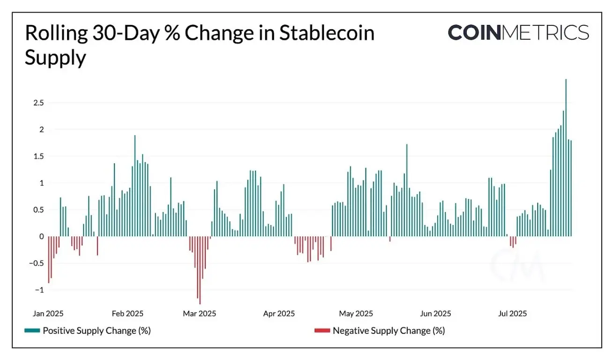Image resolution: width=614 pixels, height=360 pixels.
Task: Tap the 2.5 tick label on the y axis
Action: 38,103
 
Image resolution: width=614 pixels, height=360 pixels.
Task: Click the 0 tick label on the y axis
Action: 41,237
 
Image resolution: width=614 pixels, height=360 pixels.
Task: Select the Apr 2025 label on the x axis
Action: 279,313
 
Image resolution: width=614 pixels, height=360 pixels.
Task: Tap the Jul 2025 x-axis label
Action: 512,313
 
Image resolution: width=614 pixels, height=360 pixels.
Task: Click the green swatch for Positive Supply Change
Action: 32,331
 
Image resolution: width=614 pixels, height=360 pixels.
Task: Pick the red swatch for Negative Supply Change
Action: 322,331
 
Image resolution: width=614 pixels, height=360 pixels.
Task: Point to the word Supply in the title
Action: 55,58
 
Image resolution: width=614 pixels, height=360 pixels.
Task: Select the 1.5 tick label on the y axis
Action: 38,156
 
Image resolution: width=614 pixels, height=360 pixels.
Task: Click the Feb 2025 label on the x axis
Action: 127,313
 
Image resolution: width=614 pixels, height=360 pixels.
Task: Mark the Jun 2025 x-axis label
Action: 435,313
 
